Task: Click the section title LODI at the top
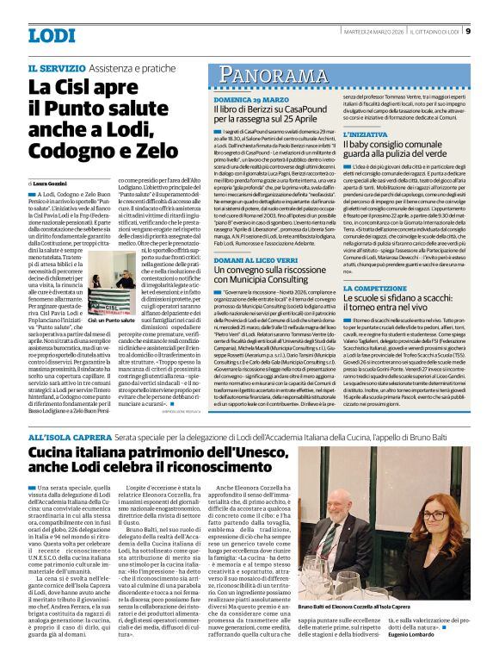pos(52,35)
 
